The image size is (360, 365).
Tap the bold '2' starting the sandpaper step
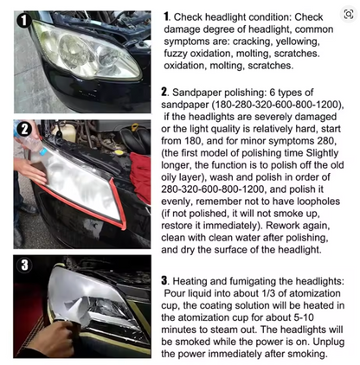pos(165,91)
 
